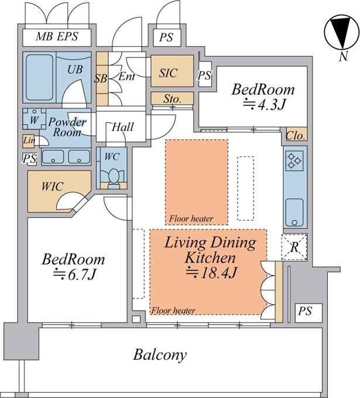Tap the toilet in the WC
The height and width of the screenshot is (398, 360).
[x=113, y=178]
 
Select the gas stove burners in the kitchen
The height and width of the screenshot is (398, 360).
[x=294, y=161]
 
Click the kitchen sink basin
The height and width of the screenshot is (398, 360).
[x=294, y=212]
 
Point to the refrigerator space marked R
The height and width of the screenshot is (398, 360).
[x=294, y=247]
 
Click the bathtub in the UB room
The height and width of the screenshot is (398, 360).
[x=40, y=78]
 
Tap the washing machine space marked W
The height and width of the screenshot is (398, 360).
[x=35, y=119]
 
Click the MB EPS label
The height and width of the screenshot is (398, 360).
[x=57, y=36]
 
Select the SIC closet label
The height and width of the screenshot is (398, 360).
[x=168, y=73]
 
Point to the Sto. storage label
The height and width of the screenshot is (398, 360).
[x=172, y=98]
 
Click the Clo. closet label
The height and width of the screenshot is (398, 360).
[x=295, y=136]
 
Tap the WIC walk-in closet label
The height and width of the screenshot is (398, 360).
[x=52, y=187]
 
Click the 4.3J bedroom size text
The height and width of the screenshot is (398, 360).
[x=265, y=105]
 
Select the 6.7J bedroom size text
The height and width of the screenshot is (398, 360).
[x=75, y=275]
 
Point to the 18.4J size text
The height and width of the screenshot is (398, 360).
[x=211, y=273]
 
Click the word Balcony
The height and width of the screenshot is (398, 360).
[x=160, y=355]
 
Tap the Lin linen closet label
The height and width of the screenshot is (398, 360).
[x=29, y=140]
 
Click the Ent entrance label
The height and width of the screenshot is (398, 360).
[x=127, y=76]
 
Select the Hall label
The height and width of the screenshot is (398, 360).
[x=122, y=127]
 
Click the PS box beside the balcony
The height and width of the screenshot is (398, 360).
[x=308, y=313]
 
